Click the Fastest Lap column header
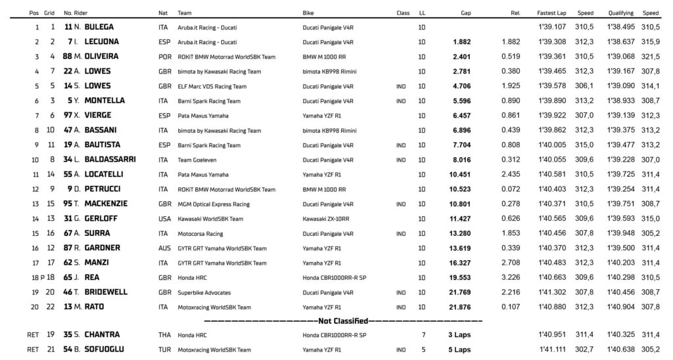pos(549,12)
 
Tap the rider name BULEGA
pos(97,27)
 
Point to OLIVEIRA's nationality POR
pos(165,56)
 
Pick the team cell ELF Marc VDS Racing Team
pos(212,86)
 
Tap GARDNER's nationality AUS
pos(165,248)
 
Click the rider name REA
pos(92,277)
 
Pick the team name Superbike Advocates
pos(207,292)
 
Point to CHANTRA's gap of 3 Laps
pos(459,336)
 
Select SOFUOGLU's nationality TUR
pos(165,350)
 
